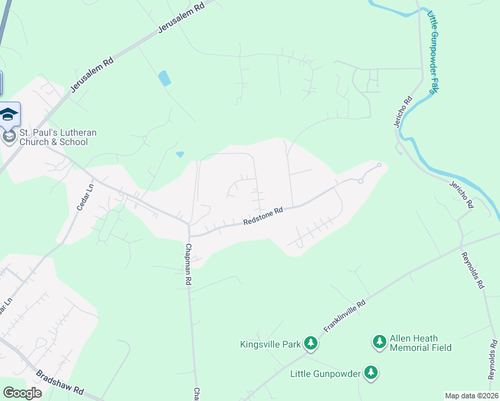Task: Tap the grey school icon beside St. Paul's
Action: (9, 137)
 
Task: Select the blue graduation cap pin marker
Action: (9, 114)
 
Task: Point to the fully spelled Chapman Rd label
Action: (188, 265)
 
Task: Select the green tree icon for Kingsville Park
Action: (310, 344)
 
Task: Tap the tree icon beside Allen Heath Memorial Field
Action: (379, 342)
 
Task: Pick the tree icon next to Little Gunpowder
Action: (371, 373)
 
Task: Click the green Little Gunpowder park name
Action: (326, 373)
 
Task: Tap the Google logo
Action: (22, 393)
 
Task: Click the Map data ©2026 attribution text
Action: (471, 396)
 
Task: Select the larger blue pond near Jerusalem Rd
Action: (164, 78)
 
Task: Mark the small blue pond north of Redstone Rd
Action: (180, 154)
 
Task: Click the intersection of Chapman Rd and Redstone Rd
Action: (189, 234)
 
